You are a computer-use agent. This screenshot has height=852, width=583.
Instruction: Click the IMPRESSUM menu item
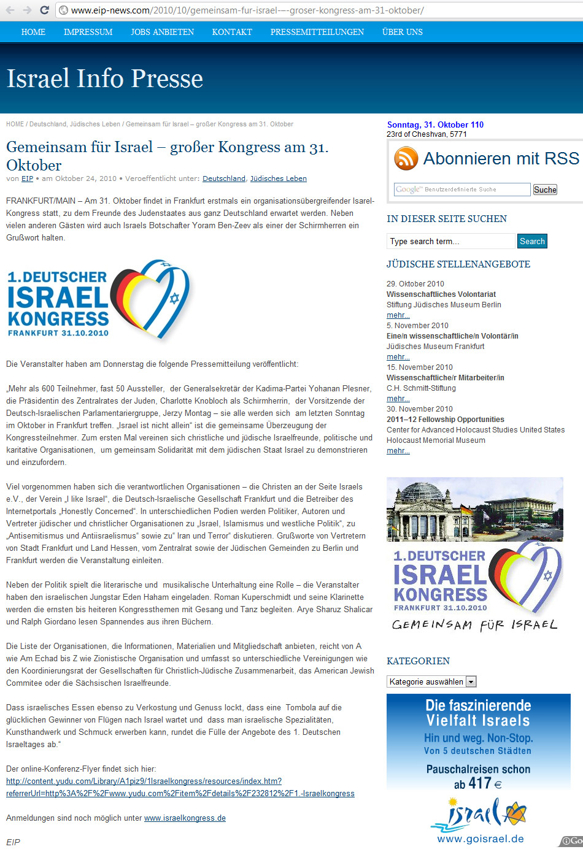tap(88, 32)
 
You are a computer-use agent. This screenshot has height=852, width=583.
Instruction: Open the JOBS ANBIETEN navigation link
tap(162, 32)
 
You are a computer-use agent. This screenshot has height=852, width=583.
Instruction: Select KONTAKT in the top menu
tap(232, 32)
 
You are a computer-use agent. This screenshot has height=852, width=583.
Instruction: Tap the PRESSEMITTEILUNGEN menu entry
tap(317, 32)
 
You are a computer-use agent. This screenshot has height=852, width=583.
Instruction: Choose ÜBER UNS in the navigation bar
tap(402, 32)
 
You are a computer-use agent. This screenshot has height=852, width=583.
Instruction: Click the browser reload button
tap(44, 10)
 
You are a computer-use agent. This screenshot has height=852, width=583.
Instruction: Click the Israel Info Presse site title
tap(104, 79)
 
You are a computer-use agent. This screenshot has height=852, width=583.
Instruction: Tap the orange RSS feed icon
tap(406, 158)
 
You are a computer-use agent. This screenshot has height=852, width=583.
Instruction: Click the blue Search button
tap(532, 241)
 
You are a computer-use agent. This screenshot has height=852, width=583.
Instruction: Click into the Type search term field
tap(450, 241)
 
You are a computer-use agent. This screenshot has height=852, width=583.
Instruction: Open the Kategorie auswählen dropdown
tap(431, 681)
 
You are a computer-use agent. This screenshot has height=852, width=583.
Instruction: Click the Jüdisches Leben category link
tap(278, 178)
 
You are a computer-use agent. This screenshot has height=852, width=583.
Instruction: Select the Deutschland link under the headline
tap(224, 178)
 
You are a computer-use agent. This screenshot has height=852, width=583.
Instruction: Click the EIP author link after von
tap(27, 178)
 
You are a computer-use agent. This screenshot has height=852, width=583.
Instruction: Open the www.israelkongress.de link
tap(185, 818)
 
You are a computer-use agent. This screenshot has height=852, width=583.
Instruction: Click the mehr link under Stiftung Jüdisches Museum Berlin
tap(398, 315)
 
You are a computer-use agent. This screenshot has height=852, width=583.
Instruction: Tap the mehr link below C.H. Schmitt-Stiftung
tap(398, 399)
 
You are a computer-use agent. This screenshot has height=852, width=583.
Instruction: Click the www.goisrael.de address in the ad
tap(480, 839)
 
